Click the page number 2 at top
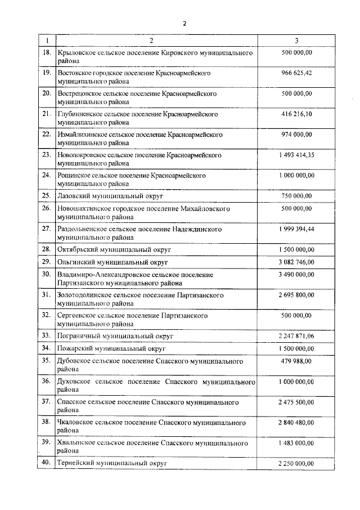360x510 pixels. click(183, 23)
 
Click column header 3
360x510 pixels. click(296, 41)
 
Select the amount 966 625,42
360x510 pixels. click(296, 73)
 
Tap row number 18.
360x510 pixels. click(47, 53)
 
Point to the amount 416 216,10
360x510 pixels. click(296, 114)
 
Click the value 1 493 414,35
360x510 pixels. click(296, 155)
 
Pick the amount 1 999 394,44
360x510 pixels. click(296, 229)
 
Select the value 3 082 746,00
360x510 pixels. click(296, 262)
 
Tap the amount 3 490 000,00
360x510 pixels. click(296, 274)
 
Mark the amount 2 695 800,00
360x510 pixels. click(296, 295)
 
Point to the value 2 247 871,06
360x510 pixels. click(296, 335)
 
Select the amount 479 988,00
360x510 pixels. click(296, 361)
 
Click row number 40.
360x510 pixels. click(47, 463)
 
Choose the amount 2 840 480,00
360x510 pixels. click(296, 422)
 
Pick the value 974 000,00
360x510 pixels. click(296, 135)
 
